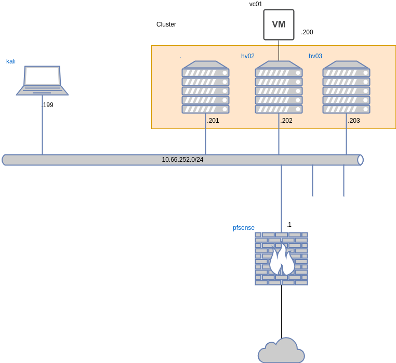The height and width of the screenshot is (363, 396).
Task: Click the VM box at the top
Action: (279, 24)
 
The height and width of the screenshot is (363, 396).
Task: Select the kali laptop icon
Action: (42, 81)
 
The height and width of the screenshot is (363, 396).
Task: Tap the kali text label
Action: (11, 61)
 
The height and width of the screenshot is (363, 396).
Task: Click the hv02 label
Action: (248, 56)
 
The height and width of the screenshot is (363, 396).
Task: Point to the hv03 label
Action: (315, 56)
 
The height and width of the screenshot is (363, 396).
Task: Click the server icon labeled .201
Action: (205, 87)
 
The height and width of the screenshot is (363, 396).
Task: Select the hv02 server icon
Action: (279, 87)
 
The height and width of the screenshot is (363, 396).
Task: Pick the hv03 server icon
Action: (346, 87)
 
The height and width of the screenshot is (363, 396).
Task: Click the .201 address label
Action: (213, 121)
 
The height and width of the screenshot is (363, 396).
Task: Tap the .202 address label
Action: (286, 121)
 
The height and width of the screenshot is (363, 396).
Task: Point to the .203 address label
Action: (354, 121)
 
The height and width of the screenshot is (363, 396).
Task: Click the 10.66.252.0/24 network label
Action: (182, 160)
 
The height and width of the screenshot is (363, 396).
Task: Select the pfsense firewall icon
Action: (281, 258)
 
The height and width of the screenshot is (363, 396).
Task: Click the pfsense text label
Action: (243, 228)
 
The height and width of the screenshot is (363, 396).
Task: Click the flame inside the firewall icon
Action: (282, 260)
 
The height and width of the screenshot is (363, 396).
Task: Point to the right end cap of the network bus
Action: (360, 160)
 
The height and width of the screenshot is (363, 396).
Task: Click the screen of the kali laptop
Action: (43, 76)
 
